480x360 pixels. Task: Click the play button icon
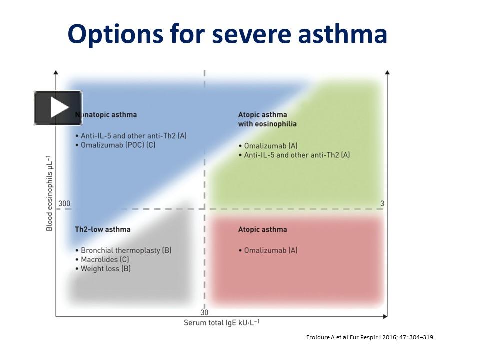[x=58, y=108]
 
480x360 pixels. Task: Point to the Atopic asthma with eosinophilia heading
[x=267, y=119]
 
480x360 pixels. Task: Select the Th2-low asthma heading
[x=102, y=229]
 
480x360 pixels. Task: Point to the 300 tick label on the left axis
[x=64, y=203]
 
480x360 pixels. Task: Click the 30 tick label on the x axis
[x=204, y=312]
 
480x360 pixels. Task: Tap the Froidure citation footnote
[x=370, y=337]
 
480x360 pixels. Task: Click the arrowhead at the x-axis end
[x=385, y=316]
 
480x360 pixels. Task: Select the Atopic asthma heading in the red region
[x=262, y=229]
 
